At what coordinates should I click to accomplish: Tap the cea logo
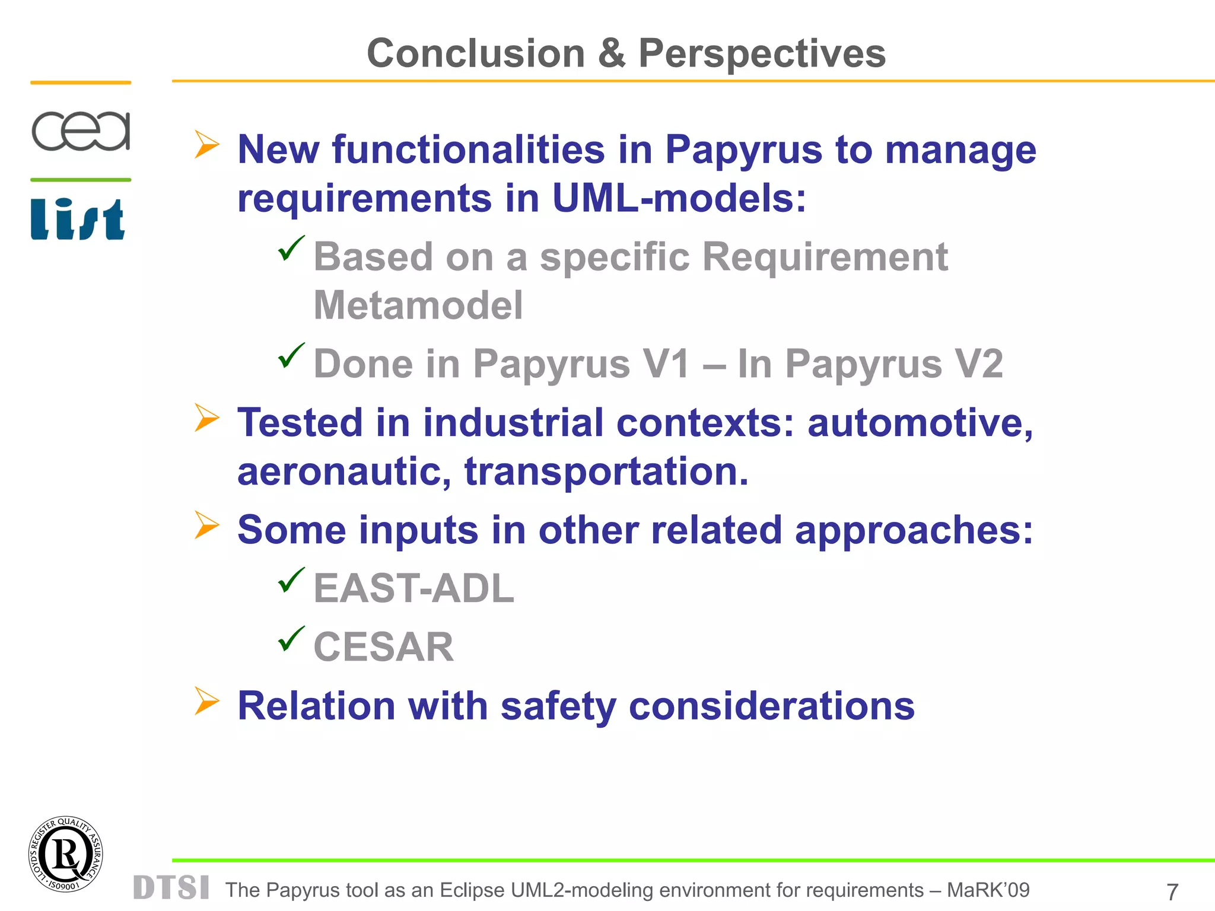81,130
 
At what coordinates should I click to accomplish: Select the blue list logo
78,219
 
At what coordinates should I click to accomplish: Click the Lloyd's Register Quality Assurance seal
66,854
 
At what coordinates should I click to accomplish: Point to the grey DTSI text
171,888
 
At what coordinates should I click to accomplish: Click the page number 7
1172,891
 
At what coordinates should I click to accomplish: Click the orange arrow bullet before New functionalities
207,145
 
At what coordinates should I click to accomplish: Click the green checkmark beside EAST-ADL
291,580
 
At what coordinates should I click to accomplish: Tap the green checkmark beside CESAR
291,639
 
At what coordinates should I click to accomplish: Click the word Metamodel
418,305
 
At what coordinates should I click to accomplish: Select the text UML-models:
679,198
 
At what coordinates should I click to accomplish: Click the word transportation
606,472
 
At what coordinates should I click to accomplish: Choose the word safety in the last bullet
558,706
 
